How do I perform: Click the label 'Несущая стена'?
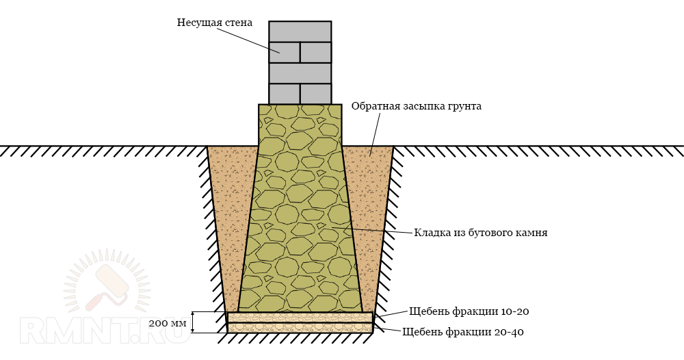[214, 23]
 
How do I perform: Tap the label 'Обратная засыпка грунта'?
[416, 106]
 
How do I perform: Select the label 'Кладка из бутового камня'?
[480, 233]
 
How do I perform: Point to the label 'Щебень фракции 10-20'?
[469, 311]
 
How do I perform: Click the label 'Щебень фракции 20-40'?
[463, 332]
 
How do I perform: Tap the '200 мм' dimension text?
[167, 322]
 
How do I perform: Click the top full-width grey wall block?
[300, 31]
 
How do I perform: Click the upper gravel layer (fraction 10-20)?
[300, 318]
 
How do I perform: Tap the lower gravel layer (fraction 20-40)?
[300, 328]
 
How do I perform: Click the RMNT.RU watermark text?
[103, 332]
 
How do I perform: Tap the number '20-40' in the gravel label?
[510, 332]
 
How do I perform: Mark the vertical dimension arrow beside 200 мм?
[194, 322]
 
